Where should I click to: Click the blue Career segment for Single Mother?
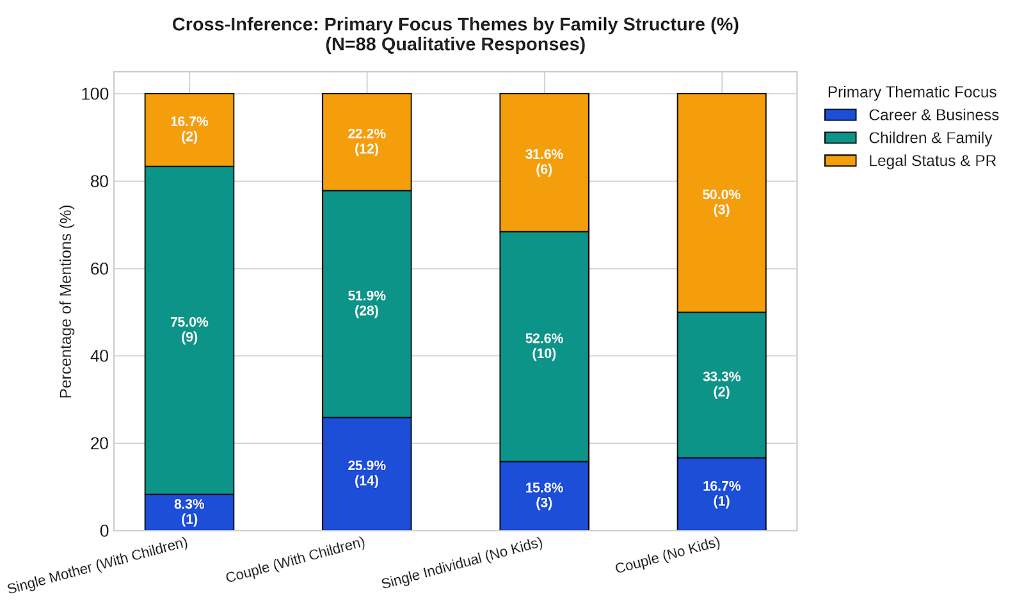click(x=189, y=512)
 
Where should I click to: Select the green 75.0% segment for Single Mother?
click(x=189, y=330)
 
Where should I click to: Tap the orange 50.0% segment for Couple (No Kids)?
click(x=721, y=202)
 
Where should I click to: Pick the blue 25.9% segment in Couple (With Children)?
click(x=367, y=473)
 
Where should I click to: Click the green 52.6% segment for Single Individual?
click(x=544, y=347)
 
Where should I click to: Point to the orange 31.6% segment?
click(x=544, y=163)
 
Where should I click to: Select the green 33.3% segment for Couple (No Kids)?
click(x=721, y=385)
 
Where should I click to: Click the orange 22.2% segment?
click(x=367, y=142)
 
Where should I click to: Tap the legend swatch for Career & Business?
click(x=840, y=115)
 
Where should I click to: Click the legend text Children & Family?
click(x=931, y=138)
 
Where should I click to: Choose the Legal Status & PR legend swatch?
click(x=840, y=161)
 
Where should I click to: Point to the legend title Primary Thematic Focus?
click(x=911, y=92)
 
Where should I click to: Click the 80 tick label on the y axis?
click(x=100, y=182)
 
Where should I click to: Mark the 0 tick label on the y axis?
click(x=105, y=531)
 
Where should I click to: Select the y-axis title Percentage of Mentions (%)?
click(x=66, y=302)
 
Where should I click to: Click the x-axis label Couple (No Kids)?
click(x=668, y=555)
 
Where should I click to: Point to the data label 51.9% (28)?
click(x=367, y=304)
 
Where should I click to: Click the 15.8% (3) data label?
click(x=544, y=496)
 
